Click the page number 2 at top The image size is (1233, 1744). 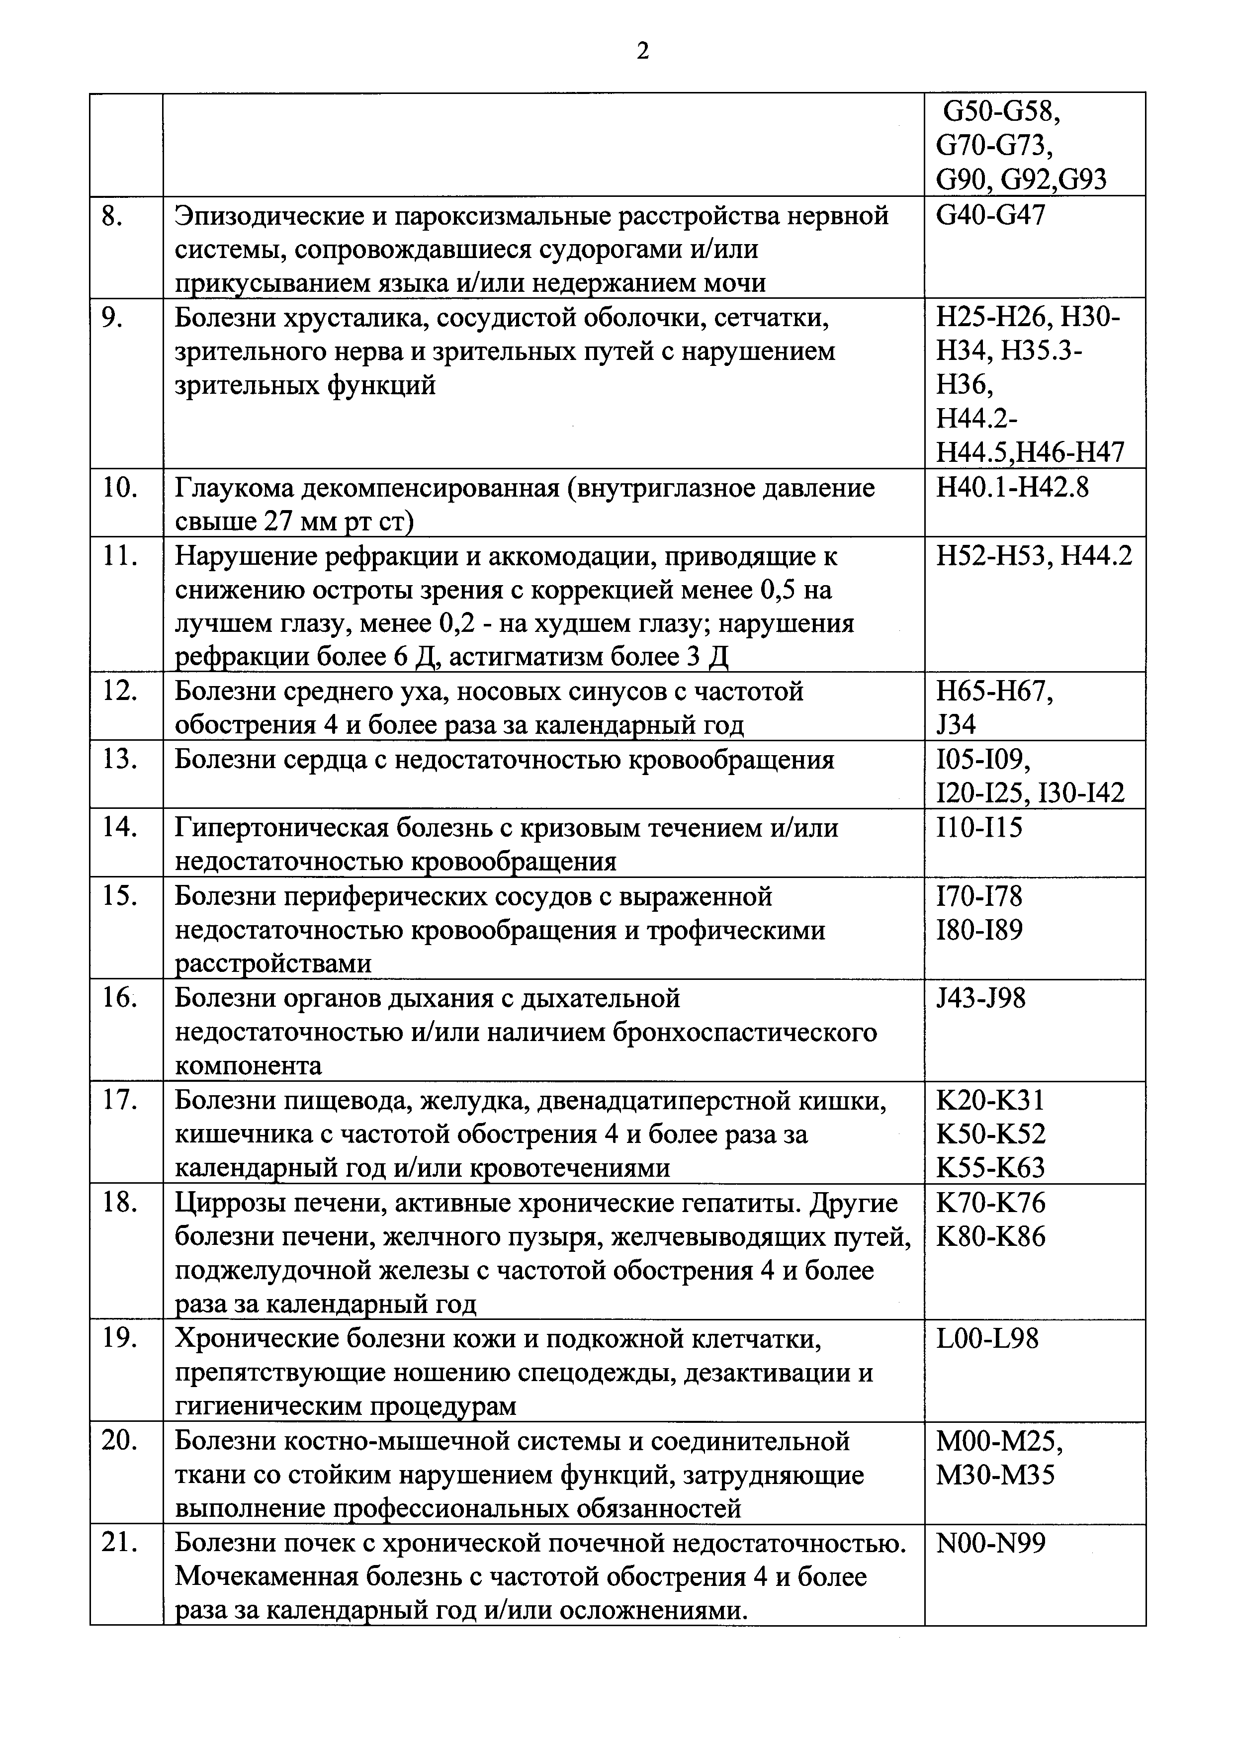pos(643,52)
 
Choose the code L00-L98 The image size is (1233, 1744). pos(987,1339)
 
